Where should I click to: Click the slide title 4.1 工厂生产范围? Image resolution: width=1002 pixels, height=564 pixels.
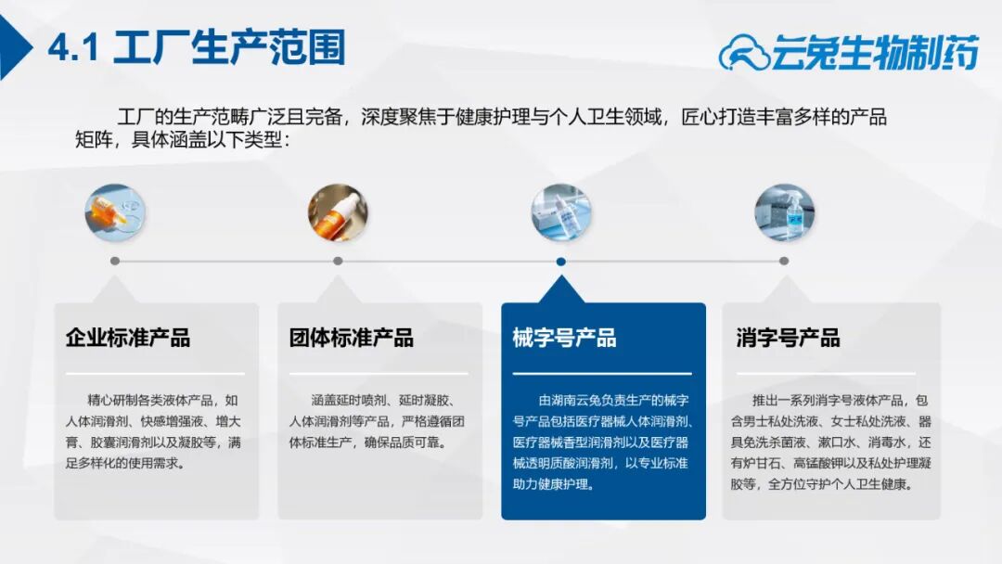coord(197,46)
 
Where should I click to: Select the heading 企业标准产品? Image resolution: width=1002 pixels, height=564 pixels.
coord(128,338)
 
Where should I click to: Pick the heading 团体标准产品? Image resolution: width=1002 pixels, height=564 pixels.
coord(352,338)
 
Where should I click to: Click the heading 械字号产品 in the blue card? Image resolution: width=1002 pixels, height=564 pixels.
coord(564,338)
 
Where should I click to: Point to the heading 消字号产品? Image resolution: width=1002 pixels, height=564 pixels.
coord(788,338)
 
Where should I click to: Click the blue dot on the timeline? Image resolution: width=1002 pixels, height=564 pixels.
coord(561,262)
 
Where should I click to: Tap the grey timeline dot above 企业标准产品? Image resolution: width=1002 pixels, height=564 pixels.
coord(115,261)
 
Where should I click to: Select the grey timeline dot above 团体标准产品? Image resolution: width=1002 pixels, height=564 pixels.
coord(338,261)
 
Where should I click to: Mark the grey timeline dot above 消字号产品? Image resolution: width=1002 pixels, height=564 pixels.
coord(784,261)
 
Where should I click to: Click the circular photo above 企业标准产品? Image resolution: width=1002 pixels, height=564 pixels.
coord(115,212)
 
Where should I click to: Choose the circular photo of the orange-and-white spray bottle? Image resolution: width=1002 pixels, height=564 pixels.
coord(338,212)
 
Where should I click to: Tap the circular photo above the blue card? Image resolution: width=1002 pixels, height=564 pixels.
coord(561,212)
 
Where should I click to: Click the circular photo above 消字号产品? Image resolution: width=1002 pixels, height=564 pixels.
coord(784,212)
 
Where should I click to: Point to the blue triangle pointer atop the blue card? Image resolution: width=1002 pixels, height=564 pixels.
coord(561,290)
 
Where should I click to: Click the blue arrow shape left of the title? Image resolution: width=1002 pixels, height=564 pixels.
coord(13,47)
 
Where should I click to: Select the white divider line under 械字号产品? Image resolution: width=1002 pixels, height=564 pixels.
coord(602,373)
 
